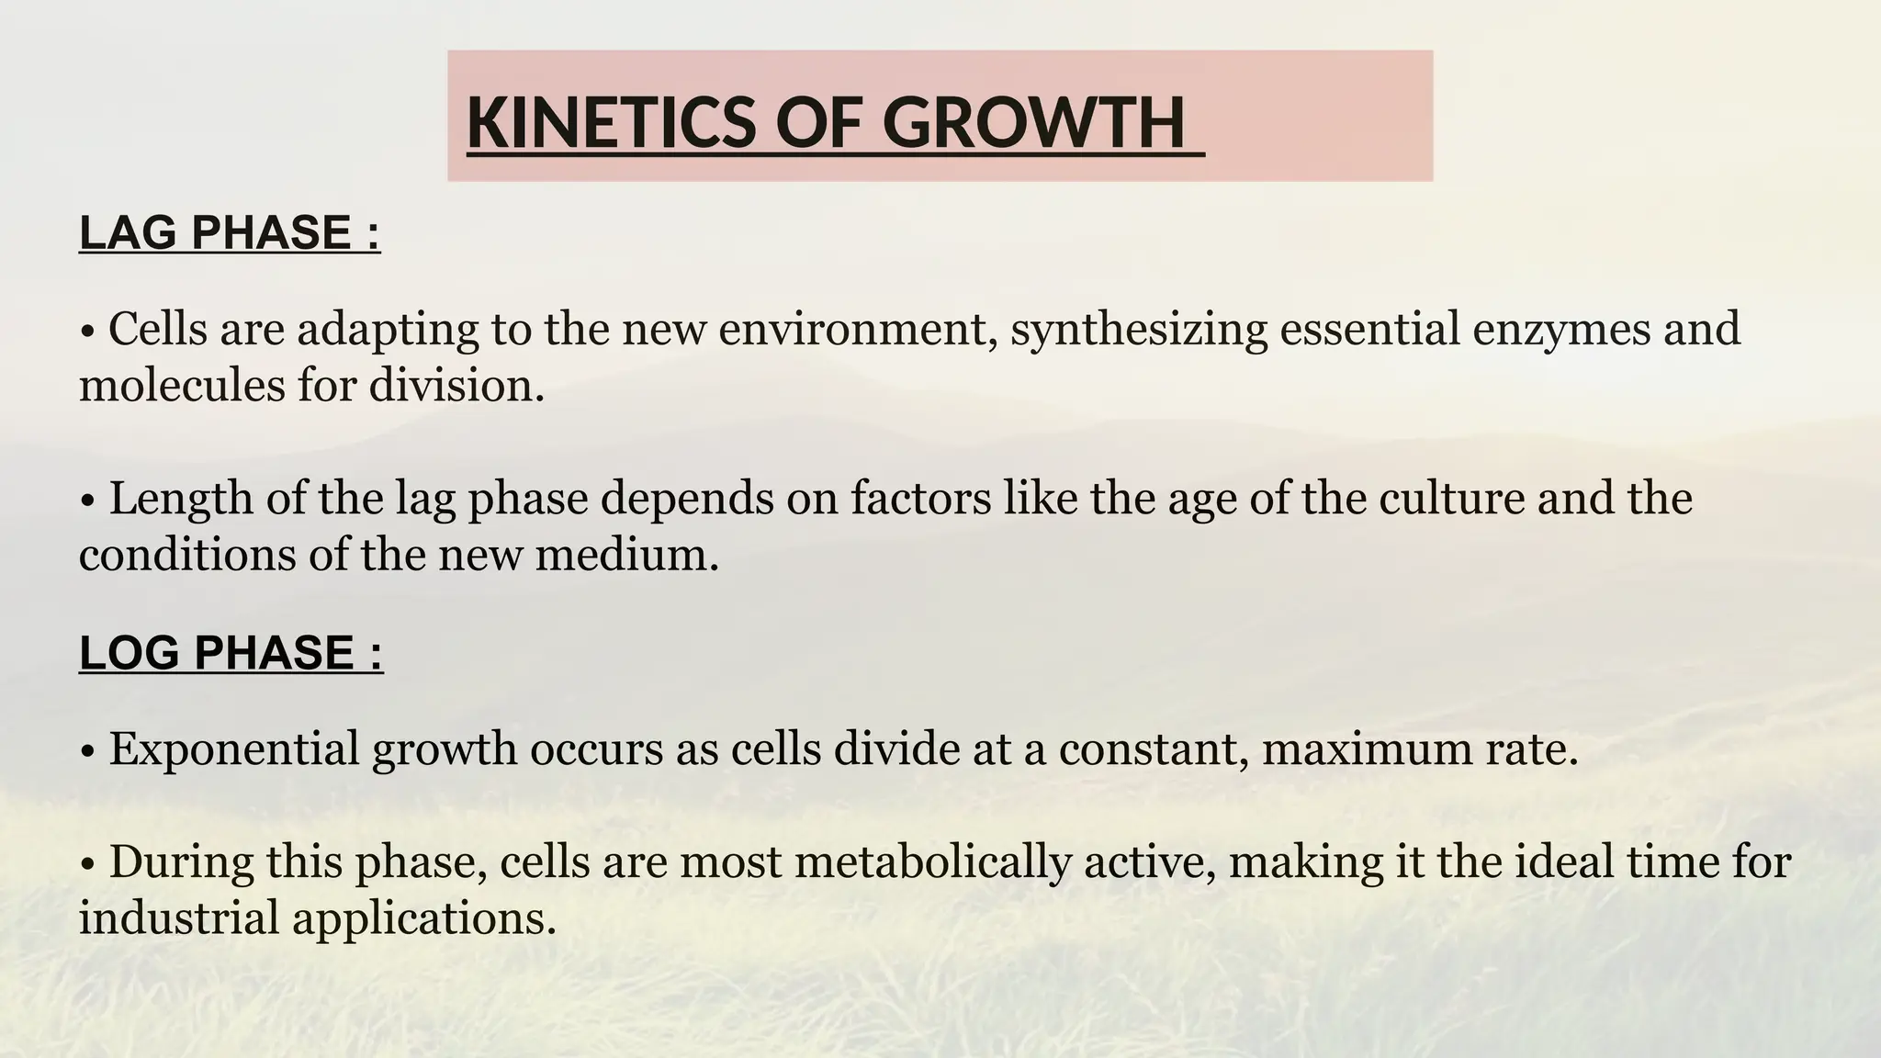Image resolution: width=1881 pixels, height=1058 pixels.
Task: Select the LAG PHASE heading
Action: pos(230,231)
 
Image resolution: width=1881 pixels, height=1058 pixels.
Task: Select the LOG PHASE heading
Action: pos(231,652)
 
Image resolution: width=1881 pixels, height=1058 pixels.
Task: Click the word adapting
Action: pos(388,330)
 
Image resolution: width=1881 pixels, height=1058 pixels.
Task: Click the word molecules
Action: pos(182,384)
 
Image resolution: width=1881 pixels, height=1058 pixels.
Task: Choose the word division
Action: pos(456,384)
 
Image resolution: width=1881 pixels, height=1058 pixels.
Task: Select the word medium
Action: pos(626,555)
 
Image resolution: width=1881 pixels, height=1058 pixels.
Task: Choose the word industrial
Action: pos(179,917)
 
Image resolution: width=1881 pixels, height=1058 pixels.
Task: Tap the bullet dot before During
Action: pos(88,865)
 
